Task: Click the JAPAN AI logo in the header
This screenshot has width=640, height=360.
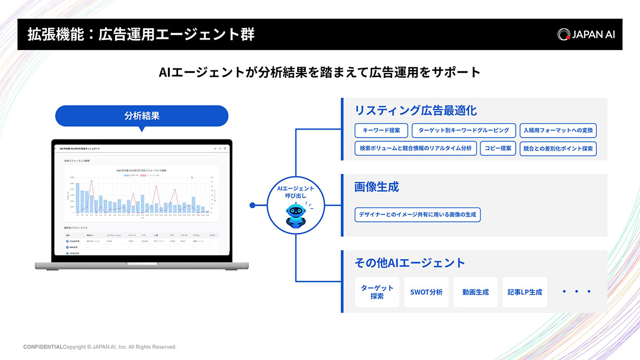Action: (x=586, y=34)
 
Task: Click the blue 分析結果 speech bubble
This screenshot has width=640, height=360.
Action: (x=141, y=116)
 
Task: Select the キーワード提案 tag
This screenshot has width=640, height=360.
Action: (x=381, y=131)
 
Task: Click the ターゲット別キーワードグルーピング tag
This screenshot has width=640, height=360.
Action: (x=463, y=131)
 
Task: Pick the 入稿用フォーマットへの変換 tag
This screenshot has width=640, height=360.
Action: (x=558, y=131)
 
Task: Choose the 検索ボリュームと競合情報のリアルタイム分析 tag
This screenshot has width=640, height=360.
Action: (x=415, y=148)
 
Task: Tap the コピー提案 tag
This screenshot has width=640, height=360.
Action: (x=498, y=148)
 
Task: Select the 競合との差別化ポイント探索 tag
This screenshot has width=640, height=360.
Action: (x=558, y=148)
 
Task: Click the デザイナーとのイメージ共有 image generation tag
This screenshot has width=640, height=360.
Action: (x=417, y=215)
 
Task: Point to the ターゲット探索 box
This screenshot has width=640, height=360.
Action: (x=377, y=292)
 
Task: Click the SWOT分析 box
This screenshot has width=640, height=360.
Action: (x=426, y=292)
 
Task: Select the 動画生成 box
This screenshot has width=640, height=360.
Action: (x=475, y=292)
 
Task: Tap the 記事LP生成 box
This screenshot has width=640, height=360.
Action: (x=524, y=292)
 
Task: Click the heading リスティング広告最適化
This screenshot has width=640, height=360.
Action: (x=415, y=110)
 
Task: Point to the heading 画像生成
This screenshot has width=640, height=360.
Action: (x=377, y=187)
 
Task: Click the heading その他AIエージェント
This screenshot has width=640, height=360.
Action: (x=410, y=262)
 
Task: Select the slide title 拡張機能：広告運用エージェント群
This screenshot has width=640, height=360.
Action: (x=141, y=35)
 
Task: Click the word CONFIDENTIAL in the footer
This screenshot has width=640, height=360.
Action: (x=43, y=347)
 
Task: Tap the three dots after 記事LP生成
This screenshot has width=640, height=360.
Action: (x=577, y=292)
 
